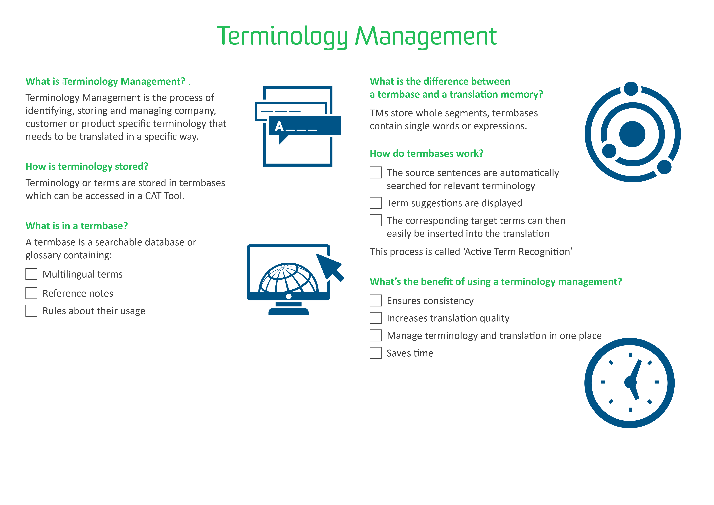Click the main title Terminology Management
[x=357, y=37]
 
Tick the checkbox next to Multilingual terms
[x=31, y=274]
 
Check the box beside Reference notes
[x=31, y=293]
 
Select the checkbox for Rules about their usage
[x=31, y=311]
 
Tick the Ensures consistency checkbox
[x=376, y=301]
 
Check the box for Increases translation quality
[x=376, y=318]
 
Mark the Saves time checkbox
[x=376, y=353]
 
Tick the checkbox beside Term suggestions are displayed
[x=376, y=203]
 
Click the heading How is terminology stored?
[x=87, y=167]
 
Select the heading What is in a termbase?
[x=77, y=226]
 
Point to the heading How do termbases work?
[x=427, y=154]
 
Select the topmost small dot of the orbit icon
[x=631, y=89]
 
